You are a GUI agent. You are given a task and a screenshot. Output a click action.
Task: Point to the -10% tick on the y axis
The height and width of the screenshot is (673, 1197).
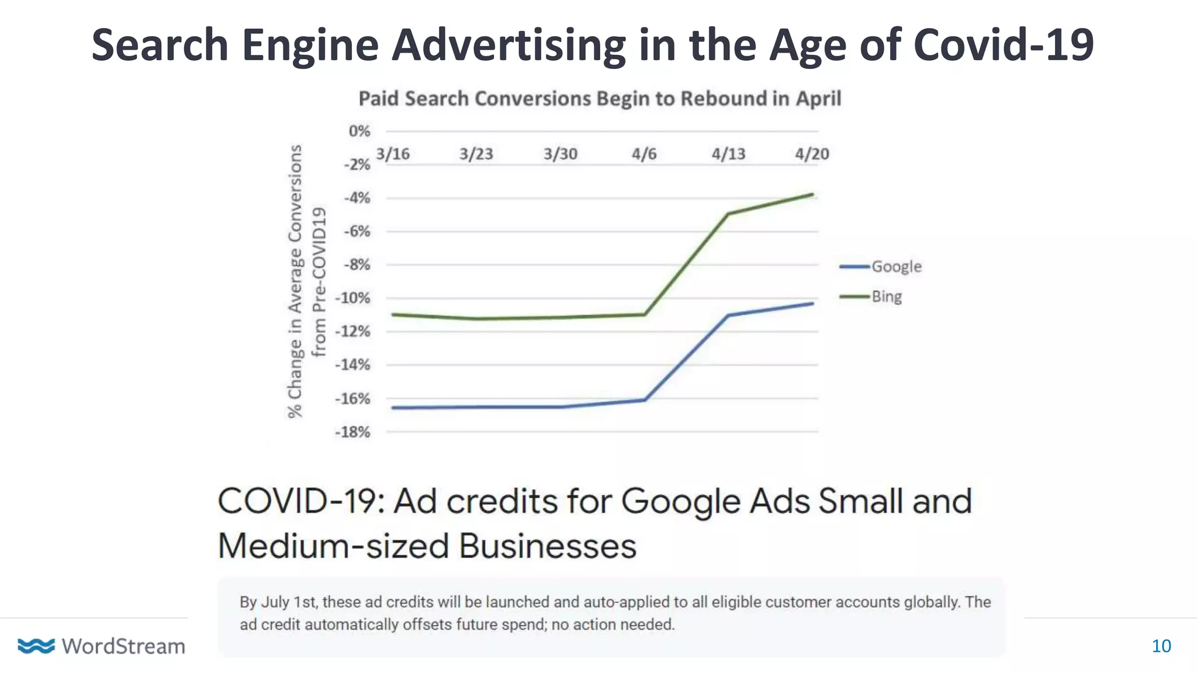352,298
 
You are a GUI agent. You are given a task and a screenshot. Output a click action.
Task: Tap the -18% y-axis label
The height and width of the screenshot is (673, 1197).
352,432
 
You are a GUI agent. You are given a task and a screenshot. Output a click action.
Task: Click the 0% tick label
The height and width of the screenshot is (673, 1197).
359,131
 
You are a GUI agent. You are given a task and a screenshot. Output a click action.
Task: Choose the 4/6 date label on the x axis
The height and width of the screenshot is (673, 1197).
644,154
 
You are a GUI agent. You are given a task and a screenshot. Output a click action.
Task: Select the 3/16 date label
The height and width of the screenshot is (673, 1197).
393,154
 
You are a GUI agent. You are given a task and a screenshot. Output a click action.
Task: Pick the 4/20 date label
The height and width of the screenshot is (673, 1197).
812,154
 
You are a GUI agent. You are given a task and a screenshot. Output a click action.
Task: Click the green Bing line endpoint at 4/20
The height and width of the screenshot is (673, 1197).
812,195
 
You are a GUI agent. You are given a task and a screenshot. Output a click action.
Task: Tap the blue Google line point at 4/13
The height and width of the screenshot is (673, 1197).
728,315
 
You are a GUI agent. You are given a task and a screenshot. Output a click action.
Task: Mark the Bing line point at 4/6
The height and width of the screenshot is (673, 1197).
645,314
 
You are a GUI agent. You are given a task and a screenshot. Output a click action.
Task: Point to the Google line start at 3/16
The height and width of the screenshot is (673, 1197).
393,408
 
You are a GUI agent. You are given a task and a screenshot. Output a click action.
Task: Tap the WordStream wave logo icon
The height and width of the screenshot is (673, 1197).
36,646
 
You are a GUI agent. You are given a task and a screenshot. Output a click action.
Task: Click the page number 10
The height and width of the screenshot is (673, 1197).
1161,646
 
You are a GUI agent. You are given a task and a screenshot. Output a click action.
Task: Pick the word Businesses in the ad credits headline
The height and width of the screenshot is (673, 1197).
547,546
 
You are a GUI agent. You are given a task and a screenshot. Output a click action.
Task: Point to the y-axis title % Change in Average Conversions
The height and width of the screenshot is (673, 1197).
296,280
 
